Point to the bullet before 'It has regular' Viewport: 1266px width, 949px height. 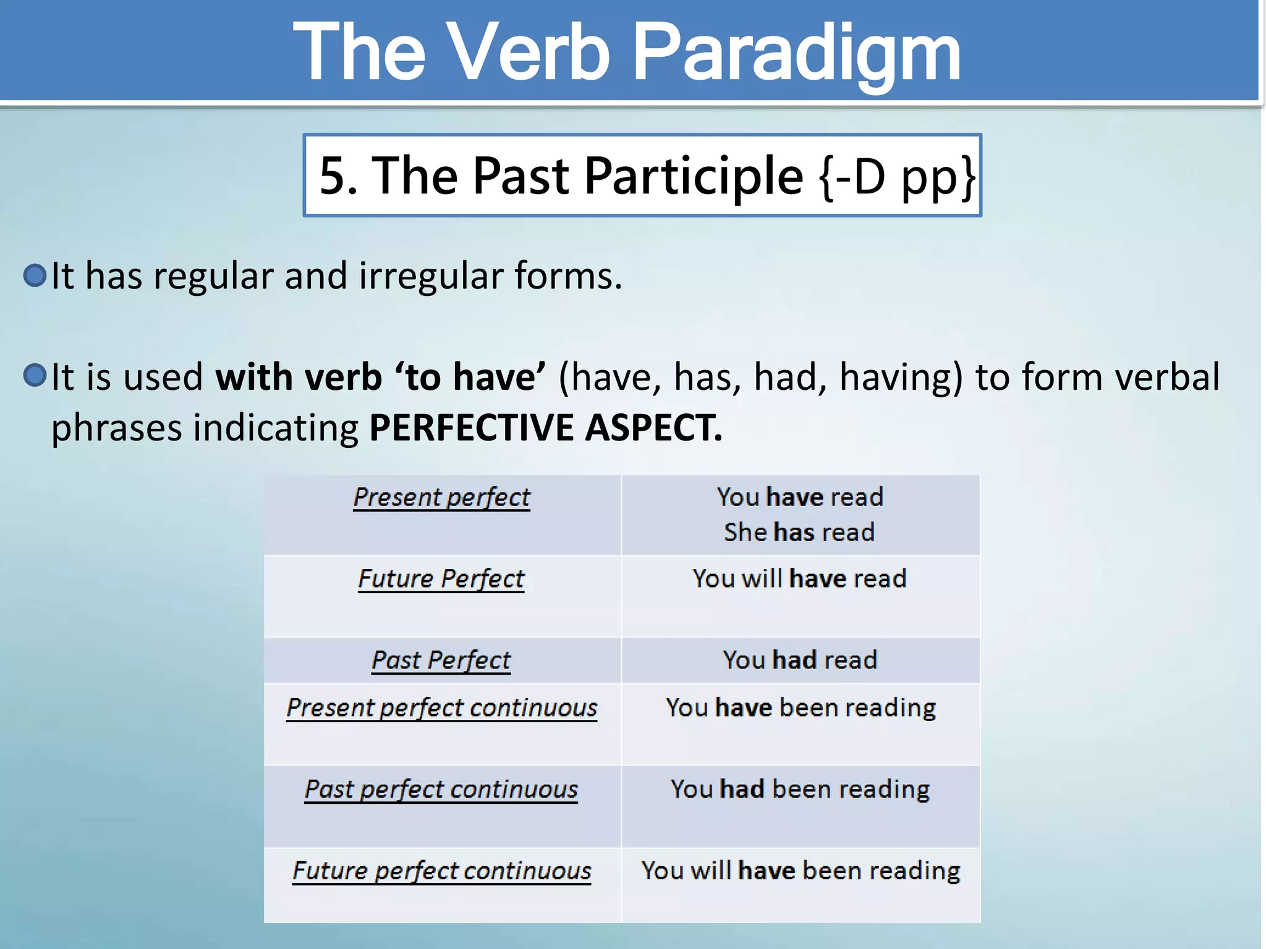pos(35,275)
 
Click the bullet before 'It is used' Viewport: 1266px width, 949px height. pos(35,375)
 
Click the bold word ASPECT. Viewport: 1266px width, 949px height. pos(653,428)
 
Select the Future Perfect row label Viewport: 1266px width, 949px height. pos(441,579)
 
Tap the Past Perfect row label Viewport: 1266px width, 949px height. pos(441,660)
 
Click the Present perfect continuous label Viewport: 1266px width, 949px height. pos(441,708)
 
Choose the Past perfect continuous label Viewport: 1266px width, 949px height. pos(441,790)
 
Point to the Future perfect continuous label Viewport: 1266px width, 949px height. pos(441,871)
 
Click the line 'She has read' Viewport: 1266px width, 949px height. pos(799,533)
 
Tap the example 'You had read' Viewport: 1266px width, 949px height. pos(799,660)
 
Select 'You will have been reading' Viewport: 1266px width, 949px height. pos(801,871)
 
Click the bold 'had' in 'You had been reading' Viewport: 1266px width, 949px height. pos(742,790)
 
